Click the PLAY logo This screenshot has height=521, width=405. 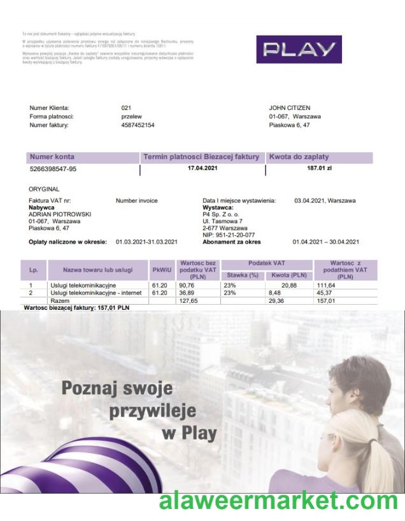299,49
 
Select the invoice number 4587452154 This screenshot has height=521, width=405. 138,125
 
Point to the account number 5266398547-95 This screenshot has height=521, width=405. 53,169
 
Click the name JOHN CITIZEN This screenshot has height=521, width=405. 290,108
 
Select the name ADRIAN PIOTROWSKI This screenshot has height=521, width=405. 60,214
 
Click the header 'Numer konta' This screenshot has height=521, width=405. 52,156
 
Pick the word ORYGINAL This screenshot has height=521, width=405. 44,190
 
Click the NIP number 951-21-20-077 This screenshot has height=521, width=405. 234,234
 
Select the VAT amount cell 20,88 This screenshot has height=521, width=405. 288,286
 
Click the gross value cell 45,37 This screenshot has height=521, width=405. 325,293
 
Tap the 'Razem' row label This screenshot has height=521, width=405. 60,300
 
